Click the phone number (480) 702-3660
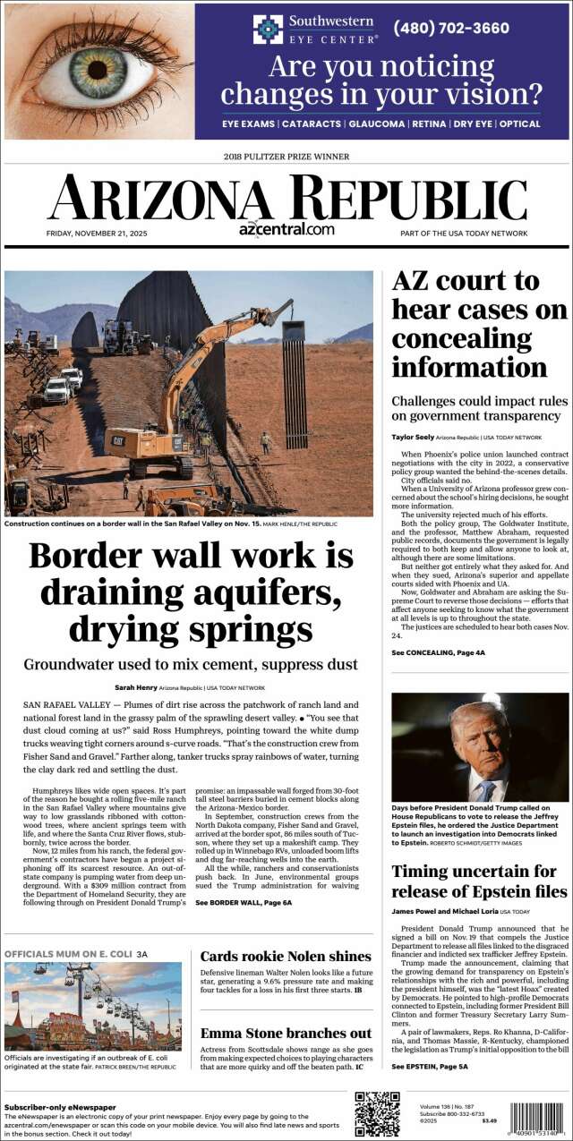click(x=451, y=29)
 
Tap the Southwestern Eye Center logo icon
click(x=268, y=29)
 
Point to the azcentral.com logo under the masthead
click(x=286, y=229)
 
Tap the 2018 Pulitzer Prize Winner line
click(x=286, y=157)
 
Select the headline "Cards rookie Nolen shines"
click(x=285, y=957)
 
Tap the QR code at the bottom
click(x=376, y=1113)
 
